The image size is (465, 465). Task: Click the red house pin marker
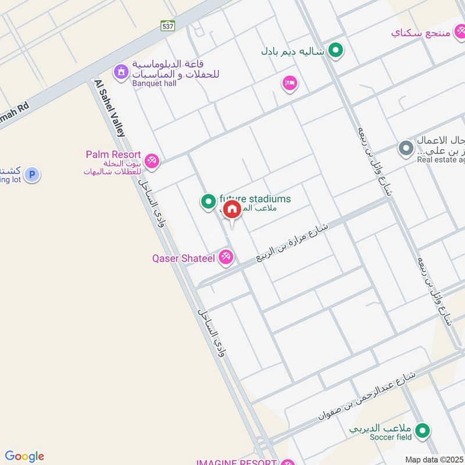point(231,210)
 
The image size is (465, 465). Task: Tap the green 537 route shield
point(168,26)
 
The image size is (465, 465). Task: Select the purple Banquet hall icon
point(121,73)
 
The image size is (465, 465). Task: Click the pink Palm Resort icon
point(152,160)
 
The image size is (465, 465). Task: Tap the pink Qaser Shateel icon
point(226,257)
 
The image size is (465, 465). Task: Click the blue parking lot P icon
point(32,174)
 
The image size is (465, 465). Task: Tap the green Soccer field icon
point(424,431)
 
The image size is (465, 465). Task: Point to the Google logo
point(24,456)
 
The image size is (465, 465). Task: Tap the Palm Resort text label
point(113,155)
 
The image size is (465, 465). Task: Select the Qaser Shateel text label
point(184,257)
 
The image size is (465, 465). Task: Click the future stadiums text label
point(256,199)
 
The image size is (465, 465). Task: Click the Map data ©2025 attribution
point(434,459)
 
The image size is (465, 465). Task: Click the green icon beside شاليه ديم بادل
point(335,51)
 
